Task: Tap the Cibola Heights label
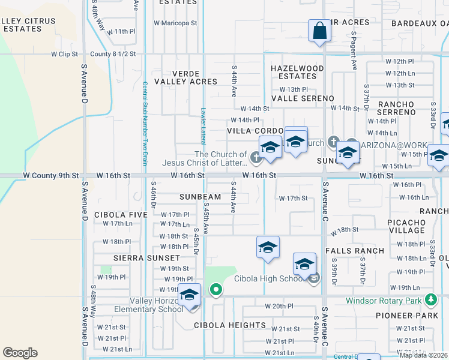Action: coord(229,325)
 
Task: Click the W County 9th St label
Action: coord(50,176)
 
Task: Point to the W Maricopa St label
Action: coord(175,23)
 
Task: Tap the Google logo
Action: coord(20,353)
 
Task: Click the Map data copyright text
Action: coord(423,355)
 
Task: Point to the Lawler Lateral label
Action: coord(203,125)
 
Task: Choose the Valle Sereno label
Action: coord(303,98)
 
